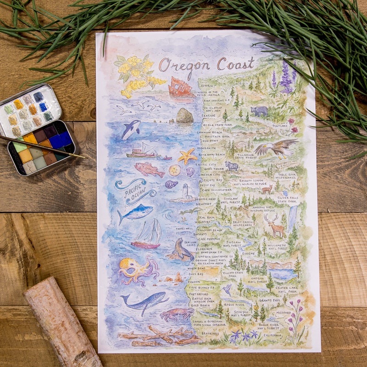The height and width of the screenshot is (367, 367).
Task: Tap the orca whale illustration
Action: (131, 129)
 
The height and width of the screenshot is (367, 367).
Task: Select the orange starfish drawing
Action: (187, 156)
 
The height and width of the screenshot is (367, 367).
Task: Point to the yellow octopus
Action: (136, 270)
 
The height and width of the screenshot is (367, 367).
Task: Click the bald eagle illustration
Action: (275, 148)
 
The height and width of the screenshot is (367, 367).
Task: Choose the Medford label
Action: (283, 313)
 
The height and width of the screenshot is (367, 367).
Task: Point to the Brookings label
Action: (210, 334)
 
